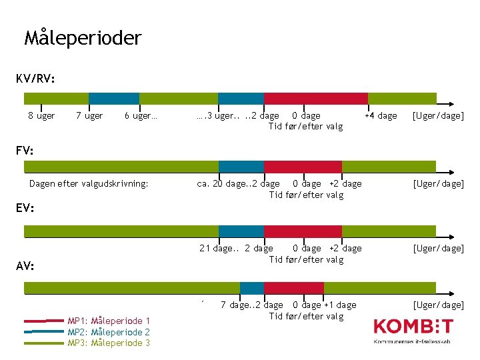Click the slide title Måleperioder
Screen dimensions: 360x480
(83, 38)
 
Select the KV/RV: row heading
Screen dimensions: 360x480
(35, 79)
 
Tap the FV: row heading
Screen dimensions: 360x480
(25, 150)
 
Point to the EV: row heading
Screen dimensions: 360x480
(25, 208)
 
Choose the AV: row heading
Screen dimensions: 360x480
(25, 266)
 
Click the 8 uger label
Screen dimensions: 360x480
(41, 116)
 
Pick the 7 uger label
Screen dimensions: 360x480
(89, 116)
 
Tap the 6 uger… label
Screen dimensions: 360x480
(141, 116)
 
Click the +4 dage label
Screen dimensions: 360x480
(380, 116)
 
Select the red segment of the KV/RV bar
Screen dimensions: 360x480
(316, 98)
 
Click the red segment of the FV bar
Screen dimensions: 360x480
(303, 167)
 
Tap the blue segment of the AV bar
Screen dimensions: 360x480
(252, 288)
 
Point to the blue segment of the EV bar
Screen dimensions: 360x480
(241, 231)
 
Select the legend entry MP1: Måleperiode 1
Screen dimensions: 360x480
(109, 321)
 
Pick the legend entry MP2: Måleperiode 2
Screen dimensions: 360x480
(109, 332)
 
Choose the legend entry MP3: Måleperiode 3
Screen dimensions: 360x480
(109, 343)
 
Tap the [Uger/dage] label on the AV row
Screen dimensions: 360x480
(438, 305)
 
